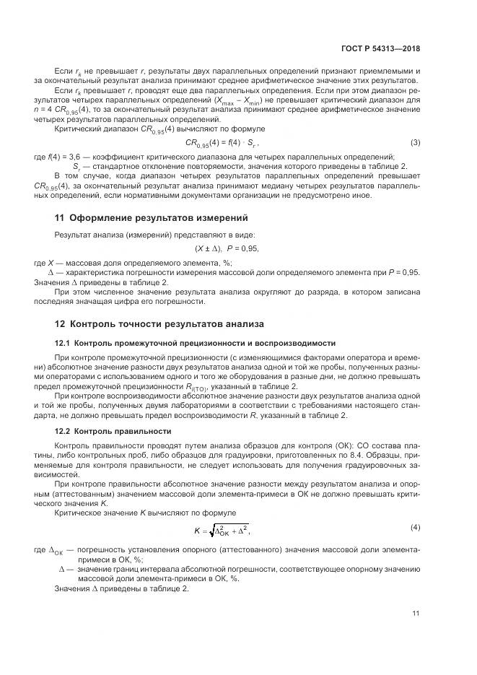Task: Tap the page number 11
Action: point(416,614)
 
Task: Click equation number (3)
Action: point(416,142)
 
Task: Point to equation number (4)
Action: point(416,527)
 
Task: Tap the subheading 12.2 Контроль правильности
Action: point(113,431)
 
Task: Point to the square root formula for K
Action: point(223,531)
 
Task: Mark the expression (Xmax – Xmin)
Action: point(235,100)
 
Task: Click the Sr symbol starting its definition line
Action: point(76,166)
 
